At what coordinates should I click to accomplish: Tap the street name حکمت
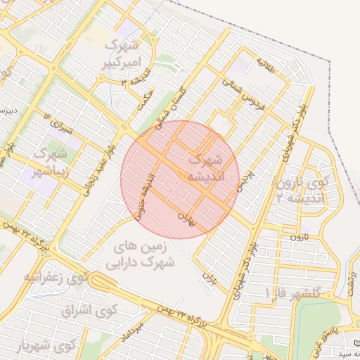(x=144, y=100)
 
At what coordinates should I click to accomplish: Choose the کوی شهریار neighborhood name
(x=46, y=346)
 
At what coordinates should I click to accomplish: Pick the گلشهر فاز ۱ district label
(x=292, y=292)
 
